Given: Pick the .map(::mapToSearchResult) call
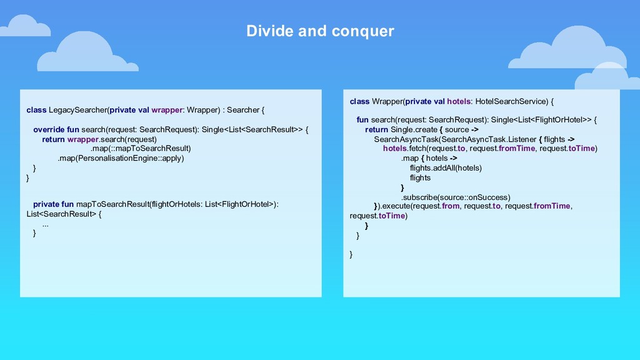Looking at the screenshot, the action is (x=141, y=149).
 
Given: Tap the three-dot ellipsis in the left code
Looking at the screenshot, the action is (x=46, y=224).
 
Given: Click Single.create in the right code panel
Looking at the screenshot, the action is (x=414, y=129).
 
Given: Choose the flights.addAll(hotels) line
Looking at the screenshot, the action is (x=446, y=167).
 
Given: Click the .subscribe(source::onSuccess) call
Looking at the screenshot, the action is (x=456, y=197).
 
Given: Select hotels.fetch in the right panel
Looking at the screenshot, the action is (x=404, y=148).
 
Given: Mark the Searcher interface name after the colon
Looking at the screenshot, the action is (x=242, y=110).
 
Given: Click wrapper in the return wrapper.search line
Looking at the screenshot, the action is (x=83, y=139).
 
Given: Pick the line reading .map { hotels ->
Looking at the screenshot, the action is (x=429, y=158).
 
